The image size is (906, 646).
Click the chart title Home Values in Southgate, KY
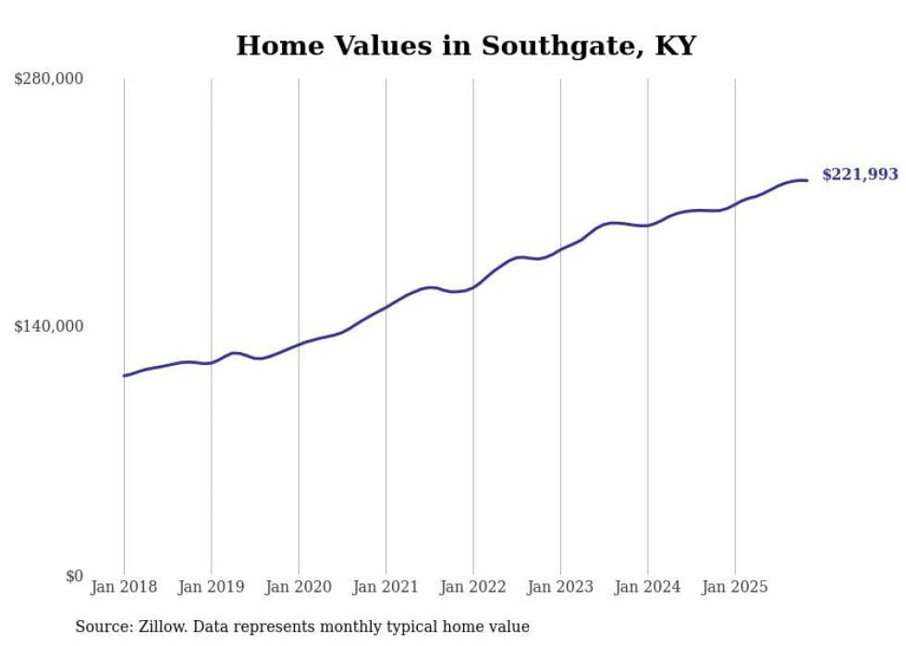click(x=465, y=45)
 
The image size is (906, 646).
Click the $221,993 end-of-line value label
click(x=859, y=175)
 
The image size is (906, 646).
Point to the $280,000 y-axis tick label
click(x=49, y=79)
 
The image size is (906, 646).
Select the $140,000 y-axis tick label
click(x=49, y=326)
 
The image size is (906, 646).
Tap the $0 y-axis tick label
click(x=73, y=576)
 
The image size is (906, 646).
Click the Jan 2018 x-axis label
click(x=124, y=587)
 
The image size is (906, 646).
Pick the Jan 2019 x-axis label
click(x=212, y=587)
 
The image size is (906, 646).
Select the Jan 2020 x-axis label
click(x=299, y=587)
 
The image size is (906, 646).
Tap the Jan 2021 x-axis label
click(x=386, y=587)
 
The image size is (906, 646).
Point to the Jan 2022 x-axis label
click(x=473, y=587)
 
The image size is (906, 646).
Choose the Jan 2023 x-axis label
click(x=560, y=587)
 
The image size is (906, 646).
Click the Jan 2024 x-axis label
click(x=647, y=587)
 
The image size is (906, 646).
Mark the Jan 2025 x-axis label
click(x=735, y=587)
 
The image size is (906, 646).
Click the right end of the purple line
click(x=807, y=180)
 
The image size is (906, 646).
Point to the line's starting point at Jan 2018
click(x=124, y=375)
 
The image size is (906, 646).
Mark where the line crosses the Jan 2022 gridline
click(x=473, y=287)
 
